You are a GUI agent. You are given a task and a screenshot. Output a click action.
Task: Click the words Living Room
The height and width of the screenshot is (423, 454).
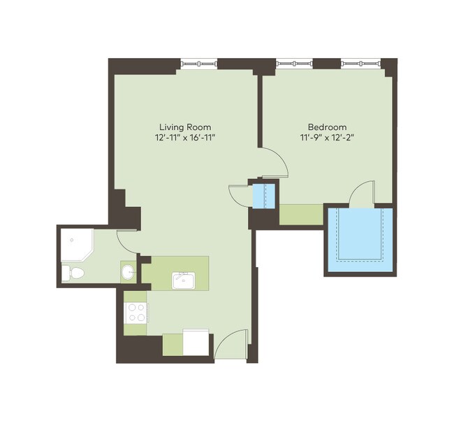coord(185,127)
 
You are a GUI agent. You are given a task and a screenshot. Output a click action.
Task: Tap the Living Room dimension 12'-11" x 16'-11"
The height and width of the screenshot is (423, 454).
coord(185,138)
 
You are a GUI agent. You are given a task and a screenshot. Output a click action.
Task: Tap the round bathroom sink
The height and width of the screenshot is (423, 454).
coord(129,271)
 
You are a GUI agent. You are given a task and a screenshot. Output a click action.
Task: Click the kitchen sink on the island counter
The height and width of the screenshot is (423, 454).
coord(183,280)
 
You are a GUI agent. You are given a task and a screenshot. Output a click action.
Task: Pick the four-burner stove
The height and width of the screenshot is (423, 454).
coord(136,310)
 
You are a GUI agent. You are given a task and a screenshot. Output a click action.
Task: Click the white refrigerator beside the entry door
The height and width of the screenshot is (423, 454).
coord(196,342)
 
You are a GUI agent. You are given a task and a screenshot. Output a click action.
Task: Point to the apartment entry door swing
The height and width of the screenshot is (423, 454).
coord(231,344)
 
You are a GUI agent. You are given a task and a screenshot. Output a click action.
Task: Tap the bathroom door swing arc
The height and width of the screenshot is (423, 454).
coord(128,241)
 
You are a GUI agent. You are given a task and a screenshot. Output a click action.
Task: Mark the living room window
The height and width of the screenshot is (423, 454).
coord(199,64)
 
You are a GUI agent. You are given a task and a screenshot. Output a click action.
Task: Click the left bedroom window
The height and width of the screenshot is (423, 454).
coord(294,64)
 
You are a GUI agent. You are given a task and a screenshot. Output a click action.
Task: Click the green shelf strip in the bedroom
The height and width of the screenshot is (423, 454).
coord(301,215)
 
